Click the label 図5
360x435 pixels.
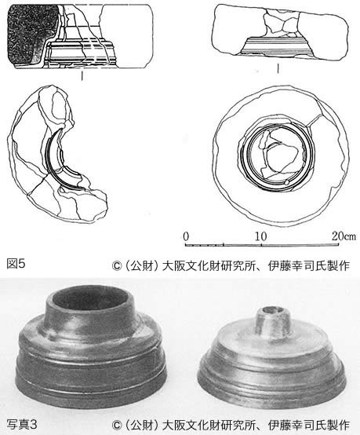(x=16, y=264)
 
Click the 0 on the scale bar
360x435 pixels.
(x=186, y=236)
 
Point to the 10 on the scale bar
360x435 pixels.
(x=261, y=236)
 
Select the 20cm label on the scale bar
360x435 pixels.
(x=344, y=236)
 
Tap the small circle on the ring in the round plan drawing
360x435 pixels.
(x=287, y=182)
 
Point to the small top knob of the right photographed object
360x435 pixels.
(x=273, y=319)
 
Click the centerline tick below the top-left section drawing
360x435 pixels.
(x=82, y=75)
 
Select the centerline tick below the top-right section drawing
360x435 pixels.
(x=278, y=69)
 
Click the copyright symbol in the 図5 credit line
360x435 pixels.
(x=116, y=265)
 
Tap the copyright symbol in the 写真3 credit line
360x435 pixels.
(x=116, y=425)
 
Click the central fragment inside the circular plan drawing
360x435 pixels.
(x=280, y=158)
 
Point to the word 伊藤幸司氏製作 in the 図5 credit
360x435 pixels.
(x=308, y=265)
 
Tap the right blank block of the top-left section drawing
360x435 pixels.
(x=126, y=36)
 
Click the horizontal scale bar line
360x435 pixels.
(x=262, y=245)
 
